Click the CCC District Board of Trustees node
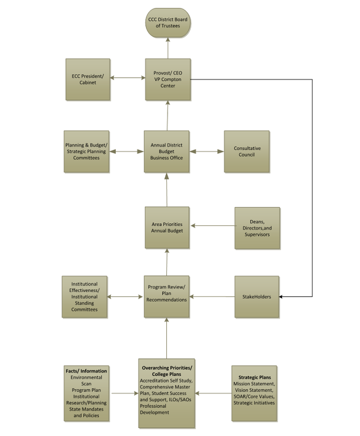168,23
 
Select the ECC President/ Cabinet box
88,79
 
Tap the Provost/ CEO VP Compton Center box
168,79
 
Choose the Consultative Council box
247,152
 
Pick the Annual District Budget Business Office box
166,152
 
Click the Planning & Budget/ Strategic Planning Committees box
86,152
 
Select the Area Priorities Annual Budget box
167,228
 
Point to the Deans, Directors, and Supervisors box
257,228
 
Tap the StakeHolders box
257,297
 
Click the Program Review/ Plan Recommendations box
166,297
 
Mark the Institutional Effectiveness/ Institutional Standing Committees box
85,297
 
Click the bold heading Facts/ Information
86,371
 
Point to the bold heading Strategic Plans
254,378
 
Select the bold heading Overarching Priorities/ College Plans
167,371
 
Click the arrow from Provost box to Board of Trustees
168,48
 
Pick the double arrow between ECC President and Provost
128,78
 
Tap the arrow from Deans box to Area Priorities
212,225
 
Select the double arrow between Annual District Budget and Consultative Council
207,152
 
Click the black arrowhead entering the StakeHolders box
281,297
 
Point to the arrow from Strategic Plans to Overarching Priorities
214,393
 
